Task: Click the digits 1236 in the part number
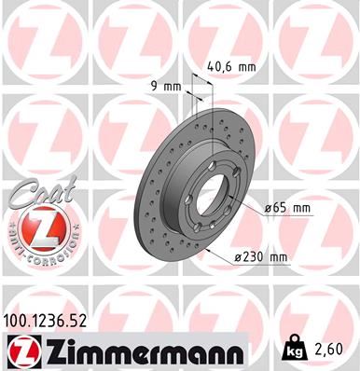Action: [54, 322]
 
